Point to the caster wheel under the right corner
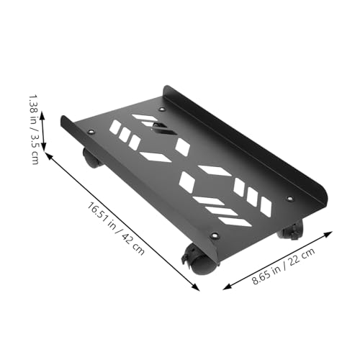click(292, 230)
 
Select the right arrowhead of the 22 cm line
click(332, 233)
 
